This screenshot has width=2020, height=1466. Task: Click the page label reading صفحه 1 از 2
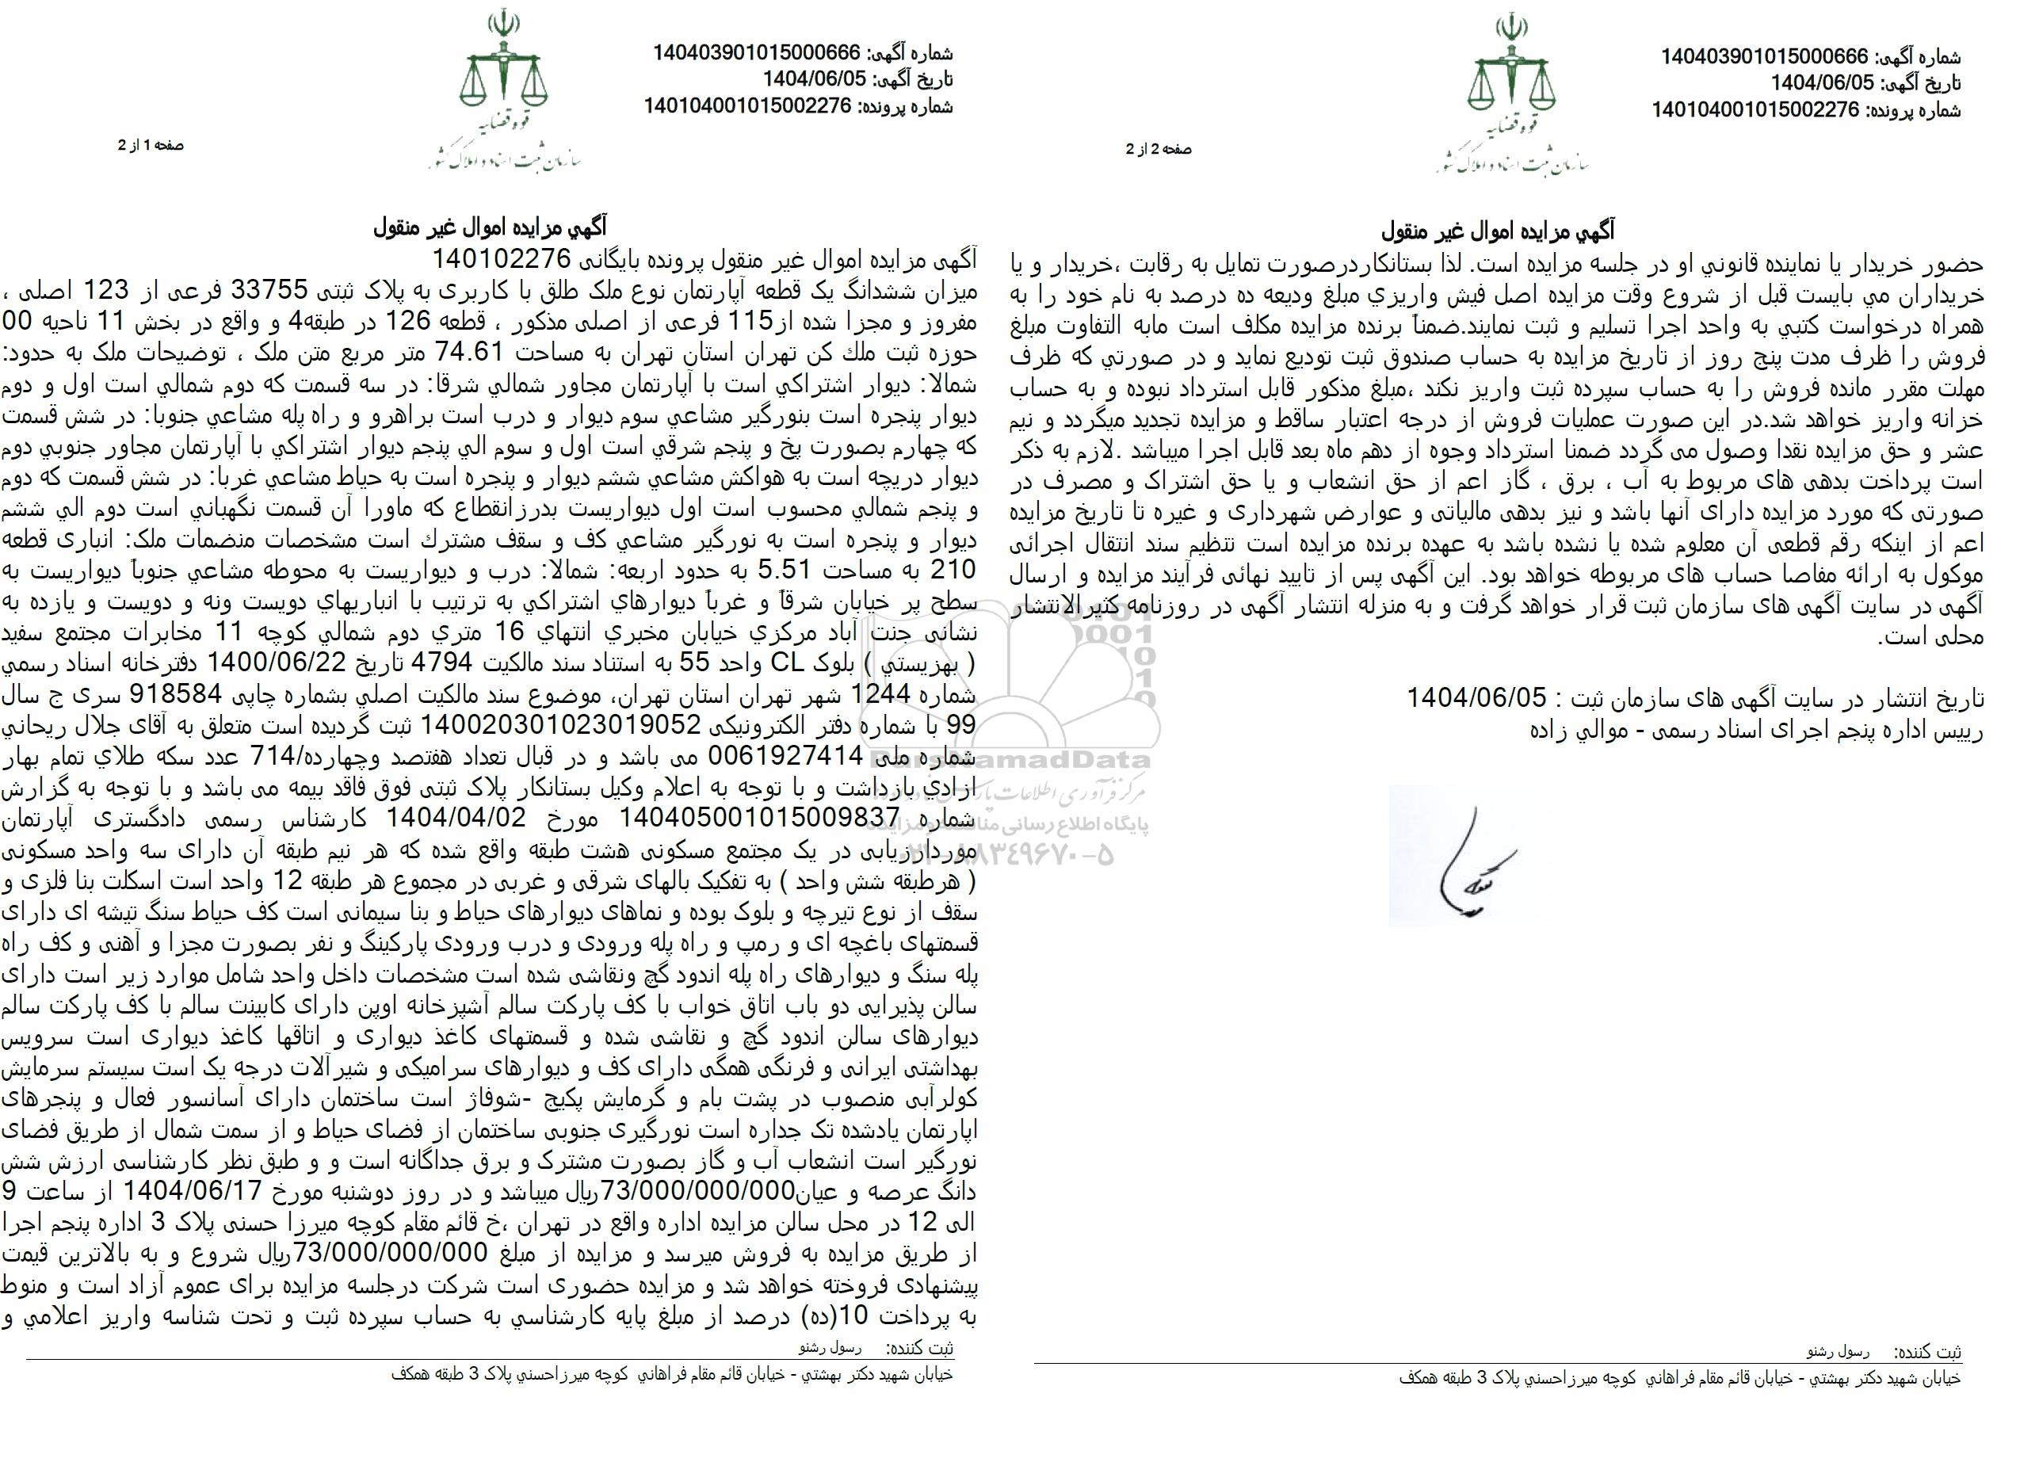151,145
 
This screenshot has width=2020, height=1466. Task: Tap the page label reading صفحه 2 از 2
1158,150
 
